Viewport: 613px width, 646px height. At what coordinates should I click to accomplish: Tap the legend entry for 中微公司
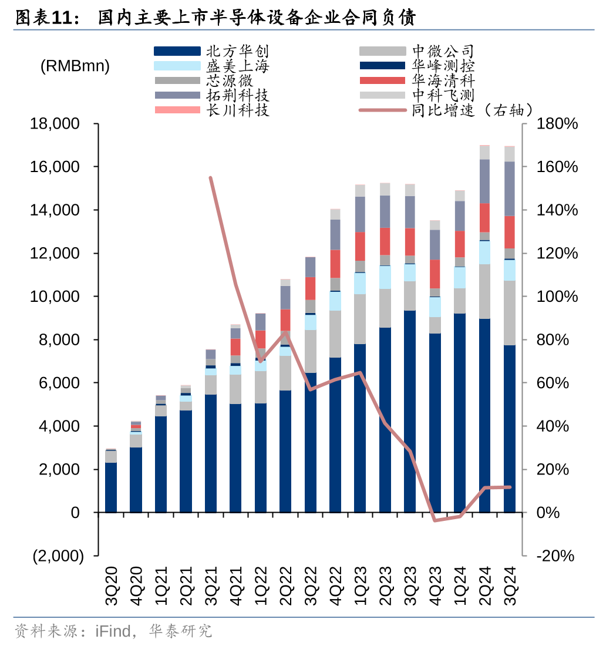[443, 52]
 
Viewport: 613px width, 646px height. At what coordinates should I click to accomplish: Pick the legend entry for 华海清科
[443, 80]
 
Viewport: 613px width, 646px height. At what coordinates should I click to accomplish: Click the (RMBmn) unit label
[75, 66]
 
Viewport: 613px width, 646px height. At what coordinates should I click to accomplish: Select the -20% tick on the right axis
[554, 556]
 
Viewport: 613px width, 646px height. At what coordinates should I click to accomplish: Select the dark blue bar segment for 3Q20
[111, 487]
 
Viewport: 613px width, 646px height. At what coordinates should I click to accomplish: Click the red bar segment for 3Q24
[510, 232]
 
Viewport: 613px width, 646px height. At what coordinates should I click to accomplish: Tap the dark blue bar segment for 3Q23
[410, 411]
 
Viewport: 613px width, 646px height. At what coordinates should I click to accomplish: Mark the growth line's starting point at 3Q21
[210, 177]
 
